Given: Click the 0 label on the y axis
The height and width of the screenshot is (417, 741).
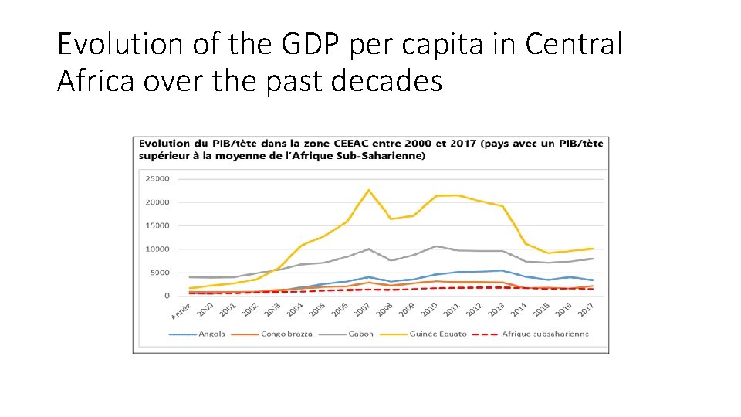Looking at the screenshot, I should click(x=167, y=296).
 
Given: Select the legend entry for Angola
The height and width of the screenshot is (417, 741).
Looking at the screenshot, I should click(x=207, y=334).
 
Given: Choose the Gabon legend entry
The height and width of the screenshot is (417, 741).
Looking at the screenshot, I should click(x=360, y=334).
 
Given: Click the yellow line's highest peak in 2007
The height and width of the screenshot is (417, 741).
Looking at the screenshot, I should click(x=369, y=190).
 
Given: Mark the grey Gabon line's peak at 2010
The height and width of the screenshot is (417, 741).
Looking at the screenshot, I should click(x=436, y=246).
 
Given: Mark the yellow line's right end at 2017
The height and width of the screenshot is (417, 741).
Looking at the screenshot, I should click(x=592, y=249).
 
